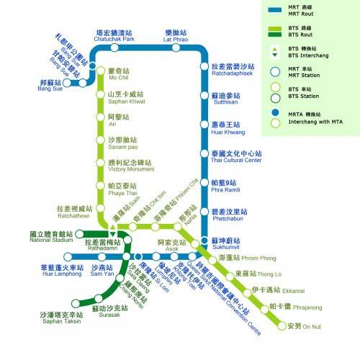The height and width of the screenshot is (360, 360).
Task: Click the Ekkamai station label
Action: (x=268, y=292)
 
